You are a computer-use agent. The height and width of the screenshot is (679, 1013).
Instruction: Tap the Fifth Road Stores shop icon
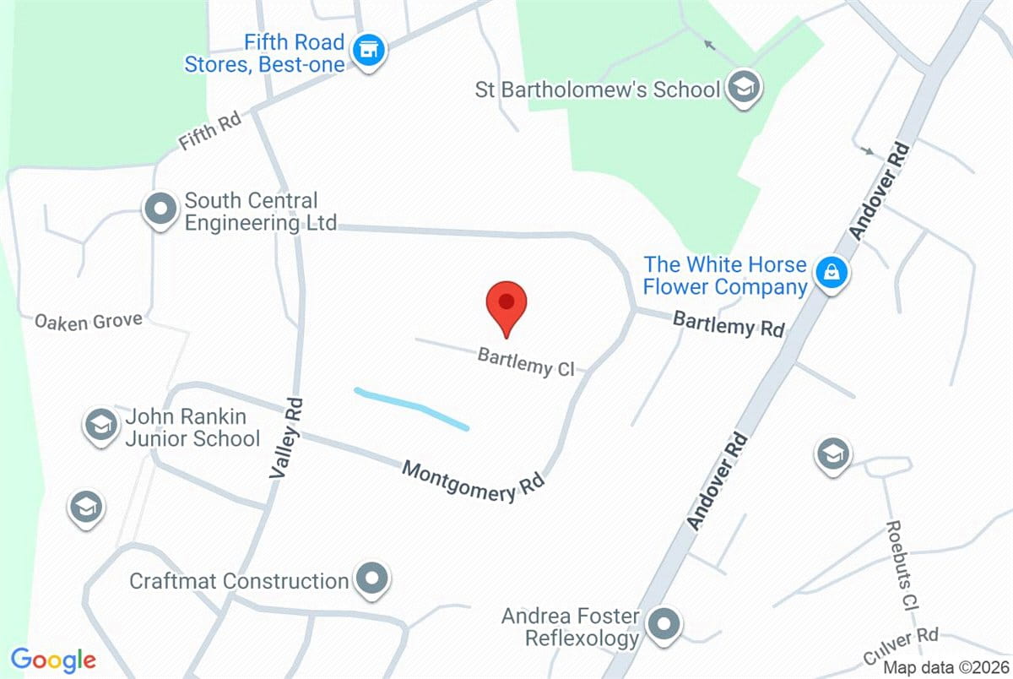369,52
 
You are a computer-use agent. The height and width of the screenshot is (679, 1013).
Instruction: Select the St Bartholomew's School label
598,90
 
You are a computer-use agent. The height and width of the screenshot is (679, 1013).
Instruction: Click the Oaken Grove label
88,322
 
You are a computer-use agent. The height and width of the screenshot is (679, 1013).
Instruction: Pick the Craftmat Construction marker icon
371,580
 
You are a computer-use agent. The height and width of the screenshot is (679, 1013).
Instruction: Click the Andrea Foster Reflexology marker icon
664,625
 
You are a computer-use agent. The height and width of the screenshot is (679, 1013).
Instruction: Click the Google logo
52,659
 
